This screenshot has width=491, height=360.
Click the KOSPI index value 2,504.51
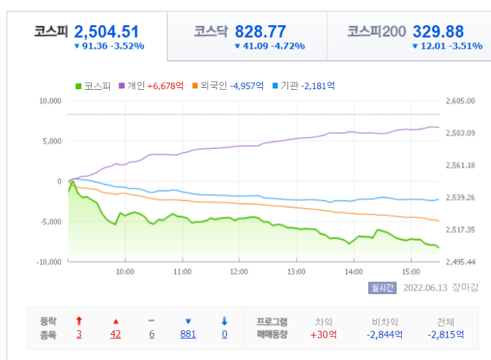click(106, 32)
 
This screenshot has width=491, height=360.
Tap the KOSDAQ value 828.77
click(260, 32)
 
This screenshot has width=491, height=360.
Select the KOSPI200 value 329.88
click(438, 32)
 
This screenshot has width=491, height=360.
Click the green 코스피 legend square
click(78, 86)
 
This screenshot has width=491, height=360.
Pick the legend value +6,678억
click(165, 86)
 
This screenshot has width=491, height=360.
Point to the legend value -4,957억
click(246, 86)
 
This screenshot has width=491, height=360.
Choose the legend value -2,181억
click(318, 86)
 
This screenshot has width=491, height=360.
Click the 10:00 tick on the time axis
click(125, 271)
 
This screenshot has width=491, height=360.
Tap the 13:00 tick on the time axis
click(296, 271)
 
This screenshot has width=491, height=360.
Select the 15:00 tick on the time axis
click(411, 271)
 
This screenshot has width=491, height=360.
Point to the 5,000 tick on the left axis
click(52, 141)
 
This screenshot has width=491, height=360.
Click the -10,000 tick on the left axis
click(49, 262)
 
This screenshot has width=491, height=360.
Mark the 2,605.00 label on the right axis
click(461, 101)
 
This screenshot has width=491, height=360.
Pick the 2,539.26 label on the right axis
click(461, 198)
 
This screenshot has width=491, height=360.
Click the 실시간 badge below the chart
click(383, 288)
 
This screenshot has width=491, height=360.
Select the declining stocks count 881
click(188, 334)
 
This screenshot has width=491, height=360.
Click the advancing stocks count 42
click(115, 334)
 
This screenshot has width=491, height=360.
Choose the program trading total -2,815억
click(445, 335)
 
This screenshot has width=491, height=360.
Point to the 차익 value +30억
click(323, 335)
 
